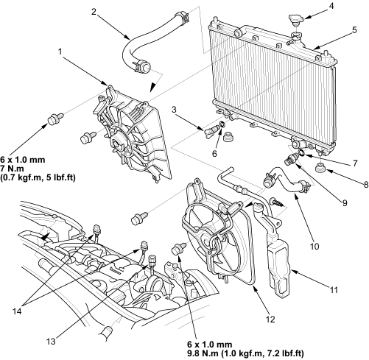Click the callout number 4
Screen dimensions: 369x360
[331, 6]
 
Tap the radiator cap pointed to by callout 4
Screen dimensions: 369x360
[297, 21]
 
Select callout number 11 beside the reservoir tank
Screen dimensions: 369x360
[334, 290]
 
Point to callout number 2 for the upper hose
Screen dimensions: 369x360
[94, 12]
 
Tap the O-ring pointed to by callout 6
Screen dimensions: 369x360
[222, 124]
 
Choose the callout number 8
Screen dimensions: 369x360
[366, 184]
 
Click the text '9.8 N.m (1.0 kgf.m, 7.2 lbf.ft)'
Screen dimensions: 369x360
[245, 353]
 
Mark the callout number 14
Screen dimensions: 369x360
[17, 311]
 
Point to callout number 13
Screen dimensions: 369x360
[51, 342]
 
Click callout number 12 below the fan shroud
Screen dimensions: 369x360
[270, 320]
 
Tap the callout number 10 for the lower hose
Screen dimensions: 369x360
[314, 246]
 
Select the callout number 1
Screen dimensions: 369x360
[60, 52]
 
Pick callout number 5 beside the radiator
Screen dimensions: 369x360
[354, 30]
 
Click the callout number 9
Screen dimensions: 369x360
[345, 203]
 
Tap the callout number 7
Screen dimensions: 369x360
[355, 163]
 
